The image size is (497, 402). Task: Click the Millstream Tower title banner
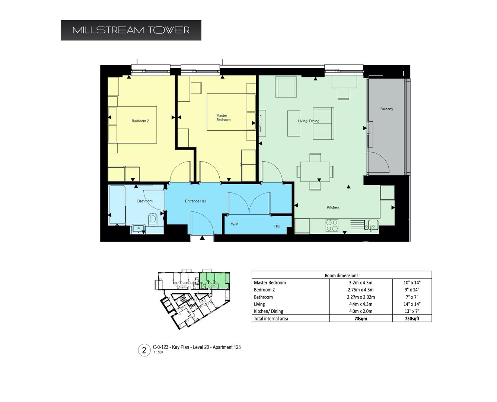tap(131, 30)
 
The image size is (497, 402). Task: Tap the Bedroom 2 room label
tap(140, 121)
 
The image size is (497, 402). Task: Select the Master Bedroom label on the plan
tap(223, 118)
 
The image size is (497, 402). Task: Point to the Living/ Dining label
tap(308, 121)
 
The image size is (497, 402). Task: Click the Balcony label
tap(386, 109)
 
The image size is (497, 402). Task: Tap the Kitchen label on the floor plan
tap(332, 207)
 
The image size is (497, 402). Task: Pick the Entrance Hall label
tap(195, 201)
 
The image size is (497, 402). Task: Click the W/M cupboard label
tap(235, 224)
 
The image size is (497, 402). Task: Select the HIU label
tap(277, 226)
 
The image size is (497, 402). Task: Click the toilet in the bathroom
tap(152, 219)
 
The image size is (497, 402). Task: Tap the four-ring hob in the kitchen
tap(332, 225)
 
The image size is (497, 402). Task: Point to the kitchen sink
tap(371, 224)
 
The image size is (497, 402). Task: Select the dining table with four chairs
tap(315, 171)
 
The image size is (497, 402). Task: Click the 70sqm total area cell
tap(361, 319)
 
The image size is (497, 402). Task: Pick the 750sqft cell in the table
tap(412, 319)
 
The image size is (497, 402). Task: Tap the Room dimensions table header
tap(341, 275)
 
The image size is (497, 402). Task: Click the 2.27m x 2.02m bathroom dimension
tap(361, 297)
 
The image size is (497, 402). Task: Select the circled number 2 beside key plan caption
tap(144, 350)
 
